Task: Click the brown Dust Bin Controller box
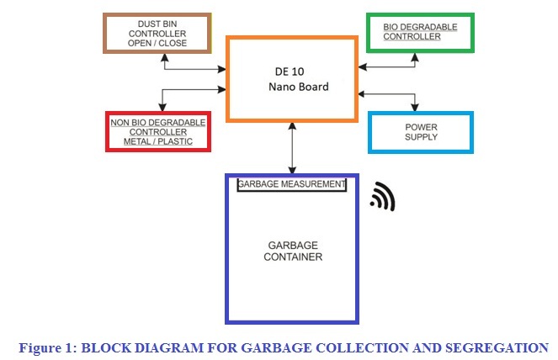click(x=157, y=33)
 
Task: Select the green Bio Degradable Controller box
click(x=419, y=33)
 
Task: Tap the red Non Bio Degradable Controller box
click(x=157, y=131)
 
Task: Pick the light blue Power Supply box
click(x=420, y=132)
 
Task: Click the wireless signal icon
click(x=383, y=198)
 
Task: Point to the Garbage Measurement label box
click(x=292, y=184)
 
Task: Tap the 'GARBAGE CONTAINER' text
click(x=291, y=251)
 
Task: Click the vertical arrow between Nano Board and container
click(x=292, y=148)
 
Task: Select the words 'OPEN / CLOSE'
click(x=157, y=43)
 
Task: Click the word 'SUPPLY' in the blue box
click(x=421, y=137)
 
